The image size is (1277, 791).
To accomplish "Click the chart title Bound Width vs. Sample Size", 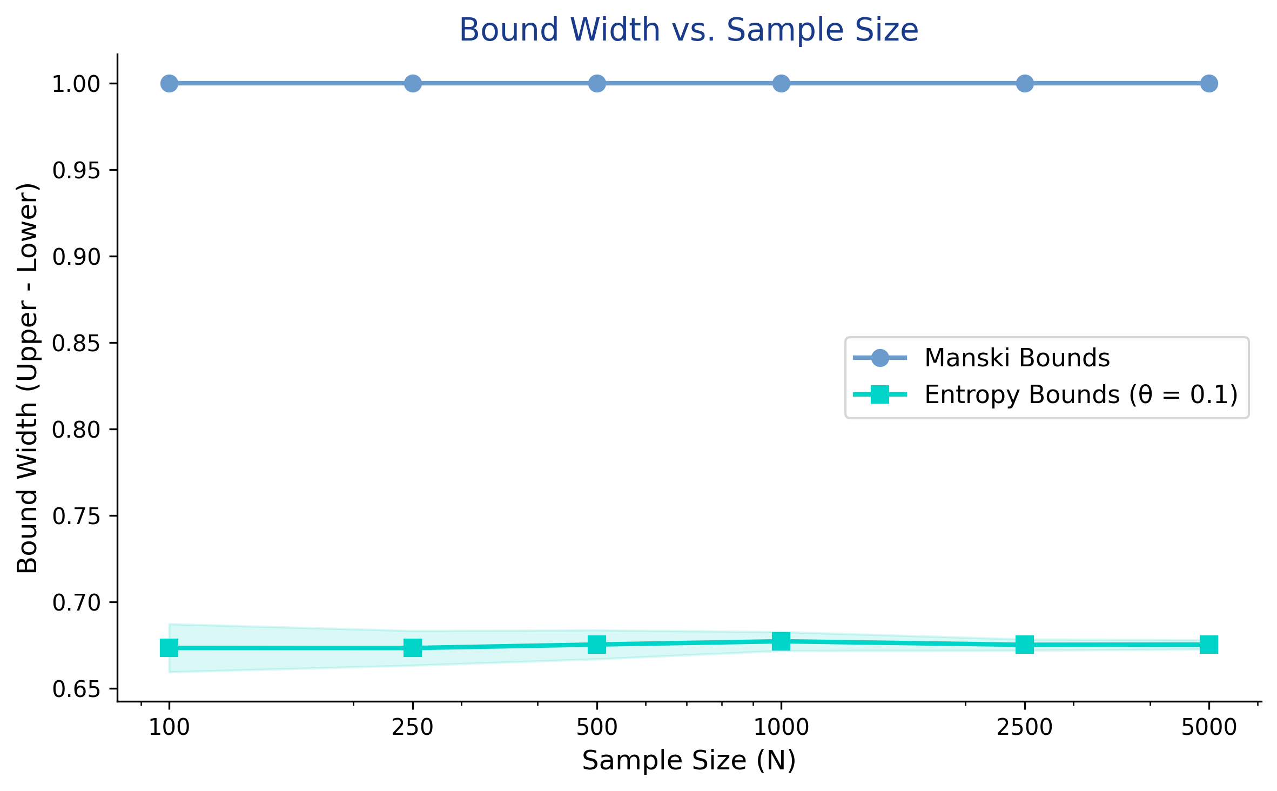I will (689, 30).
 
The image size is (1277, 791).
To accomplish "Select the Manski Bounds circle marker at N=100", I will (169, 84).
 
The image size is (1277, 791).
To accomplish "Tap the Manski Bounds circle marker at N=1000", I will (781, 84).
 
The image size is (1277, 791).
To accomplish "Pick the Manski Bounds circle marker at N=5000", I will (1209, 84).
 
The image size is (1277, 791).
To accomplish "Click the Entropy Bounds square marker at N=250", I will (413, 647).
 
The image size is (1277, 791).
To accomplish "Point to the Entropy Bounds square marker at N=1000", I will (781, 642).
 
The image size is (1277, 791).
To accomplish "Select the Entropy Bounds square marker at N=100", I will (169, 647).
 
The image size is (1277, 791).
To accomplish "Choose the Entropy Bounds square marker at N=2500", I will (1025, 645).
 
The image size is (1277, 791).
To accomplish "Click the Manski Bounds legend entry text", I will (1017, 358).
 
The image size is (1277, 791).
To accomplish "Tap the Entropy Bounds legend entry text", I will (1081, 395).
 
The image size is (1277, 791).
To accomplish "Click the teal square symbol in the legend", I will (880, 395).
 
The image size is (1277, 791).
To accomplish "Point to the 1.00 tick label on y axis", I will (76, 84).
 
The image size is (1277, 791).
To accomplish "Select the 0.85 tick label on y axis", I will (76, 343).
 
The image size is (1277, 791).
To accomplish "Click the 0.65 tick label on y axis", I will (76, 689).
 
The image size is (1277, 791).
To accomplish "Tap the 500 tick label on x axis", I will (596, 728).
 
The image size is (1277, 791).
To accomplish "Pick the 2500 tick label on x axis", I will (1025, 728).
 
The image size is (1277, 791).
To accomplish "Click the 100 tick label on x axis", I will (169, 728).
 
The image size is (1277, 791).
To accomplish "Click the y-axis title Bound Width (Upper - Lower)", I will (27, 378).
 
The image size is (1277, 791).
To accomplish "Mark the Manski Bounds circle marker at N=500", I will (596, 84).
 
